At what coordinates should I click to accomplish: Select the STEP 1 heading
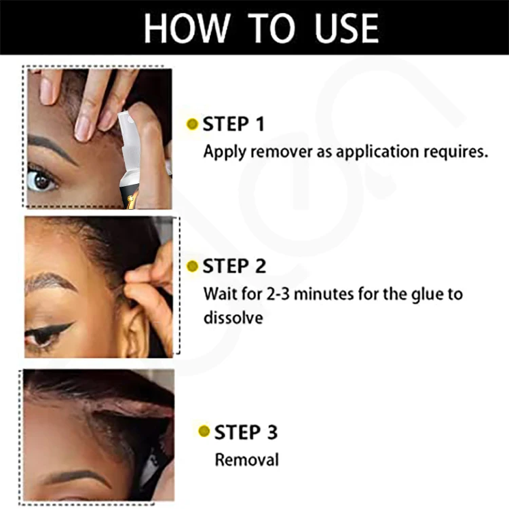[233, 124]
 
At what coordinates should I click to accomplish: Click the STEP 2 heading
[234, 266]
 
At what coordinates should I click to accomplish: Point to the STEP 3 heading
[246, 432]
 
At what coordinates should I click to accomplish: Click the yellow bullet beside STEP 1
[192, 124]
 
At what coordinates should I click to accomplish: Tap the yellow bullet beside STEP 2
[192, 266]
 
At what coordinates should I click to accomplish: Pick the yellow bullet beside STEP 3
[204, 432]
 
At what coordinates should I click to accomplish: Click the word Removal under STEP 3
[246, 459]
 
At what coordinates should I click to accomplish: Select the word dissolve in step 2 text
[233, 317]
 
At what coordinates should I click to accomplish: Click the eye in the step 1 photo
[41, 179]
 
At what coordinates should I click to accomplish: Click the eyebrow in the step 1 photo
[53, 147]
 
